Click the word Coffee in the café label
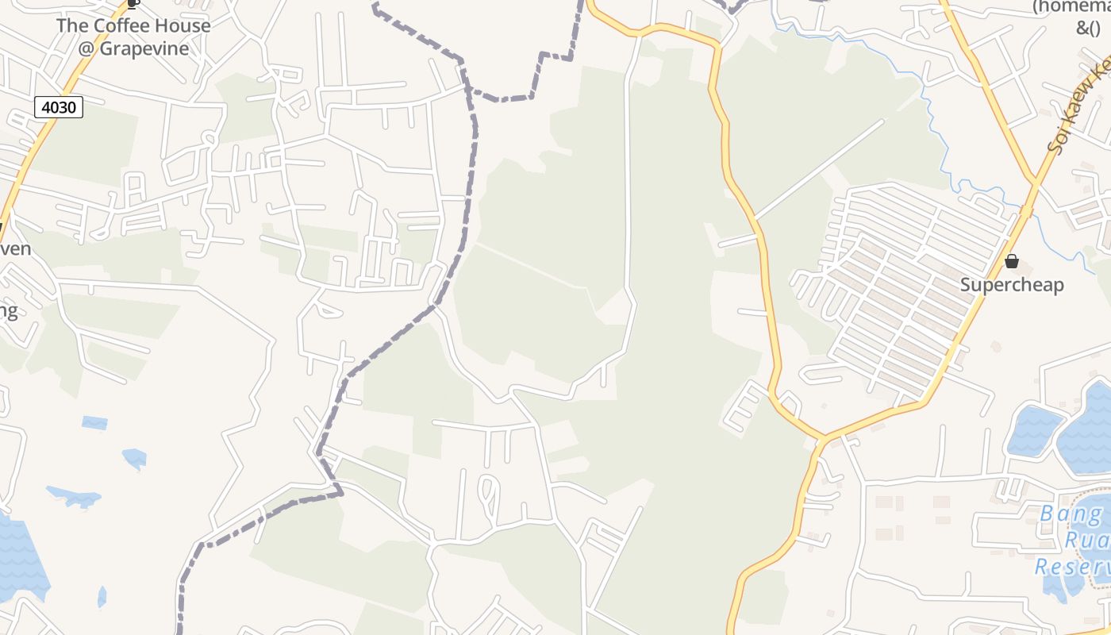[133, 25]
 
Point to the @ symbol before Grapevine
[87, 48]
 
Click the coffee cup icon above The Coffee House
[133, 4]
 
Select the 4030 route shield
[59, 106]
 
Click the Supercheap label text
[1012, 285]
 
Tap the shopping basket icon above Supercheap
[1012, 261]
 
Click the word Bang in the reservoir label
[1071, 514]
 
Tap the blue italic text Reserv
[1071, 568]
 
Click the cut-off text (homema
[1071, 7]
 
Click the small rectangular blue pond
[94, 423]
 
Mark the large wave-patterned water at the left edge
[20, 556]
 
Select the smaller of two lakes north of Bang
[1033, 430]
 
